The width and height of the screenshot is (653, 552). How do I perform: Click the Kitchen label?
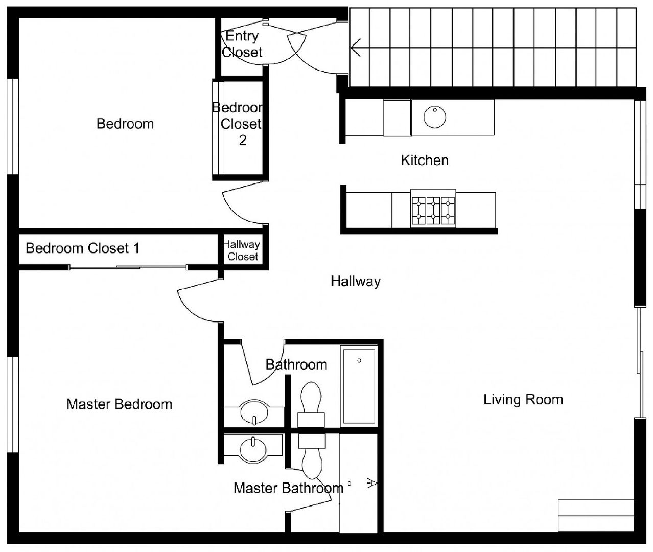[x=425, y=160]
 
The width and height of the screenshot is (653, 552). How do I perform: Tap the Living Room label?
[x=523, y=400]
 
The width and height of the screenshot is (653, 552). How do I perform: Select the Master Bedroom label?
[x=120, y=404]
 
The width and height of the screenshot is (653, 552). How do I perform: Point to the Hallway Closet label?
[x=242, y=250]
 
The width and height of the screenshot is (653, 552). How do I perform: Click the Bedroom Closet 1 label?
[x=83, y=248]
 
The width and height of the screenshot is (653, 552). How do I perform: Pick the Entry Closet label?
[x=242, y=44]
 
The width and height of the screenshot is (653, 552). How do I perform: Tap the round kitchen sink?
[x=435, y=117]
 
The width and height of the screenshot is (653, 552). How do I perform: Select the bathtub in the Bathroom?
[x=359, y=386]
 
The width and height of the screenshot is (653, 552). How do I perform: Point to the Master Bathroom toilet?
[x=312, y=456]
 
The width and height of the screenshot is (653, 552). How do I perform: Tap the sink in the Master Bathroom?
[x=253, y=450]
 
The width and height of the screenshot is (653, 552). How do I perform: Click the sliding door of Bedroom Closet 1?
[x=128, y=267]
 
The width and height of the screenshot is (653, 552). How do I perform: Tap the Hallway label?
[x=356, y=281]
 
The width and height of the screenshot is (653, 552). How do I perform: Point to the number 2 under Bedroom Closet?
[x=243, y=140]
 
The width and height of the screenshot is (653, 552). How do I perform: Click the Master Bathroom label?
[x=288, y=488]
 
